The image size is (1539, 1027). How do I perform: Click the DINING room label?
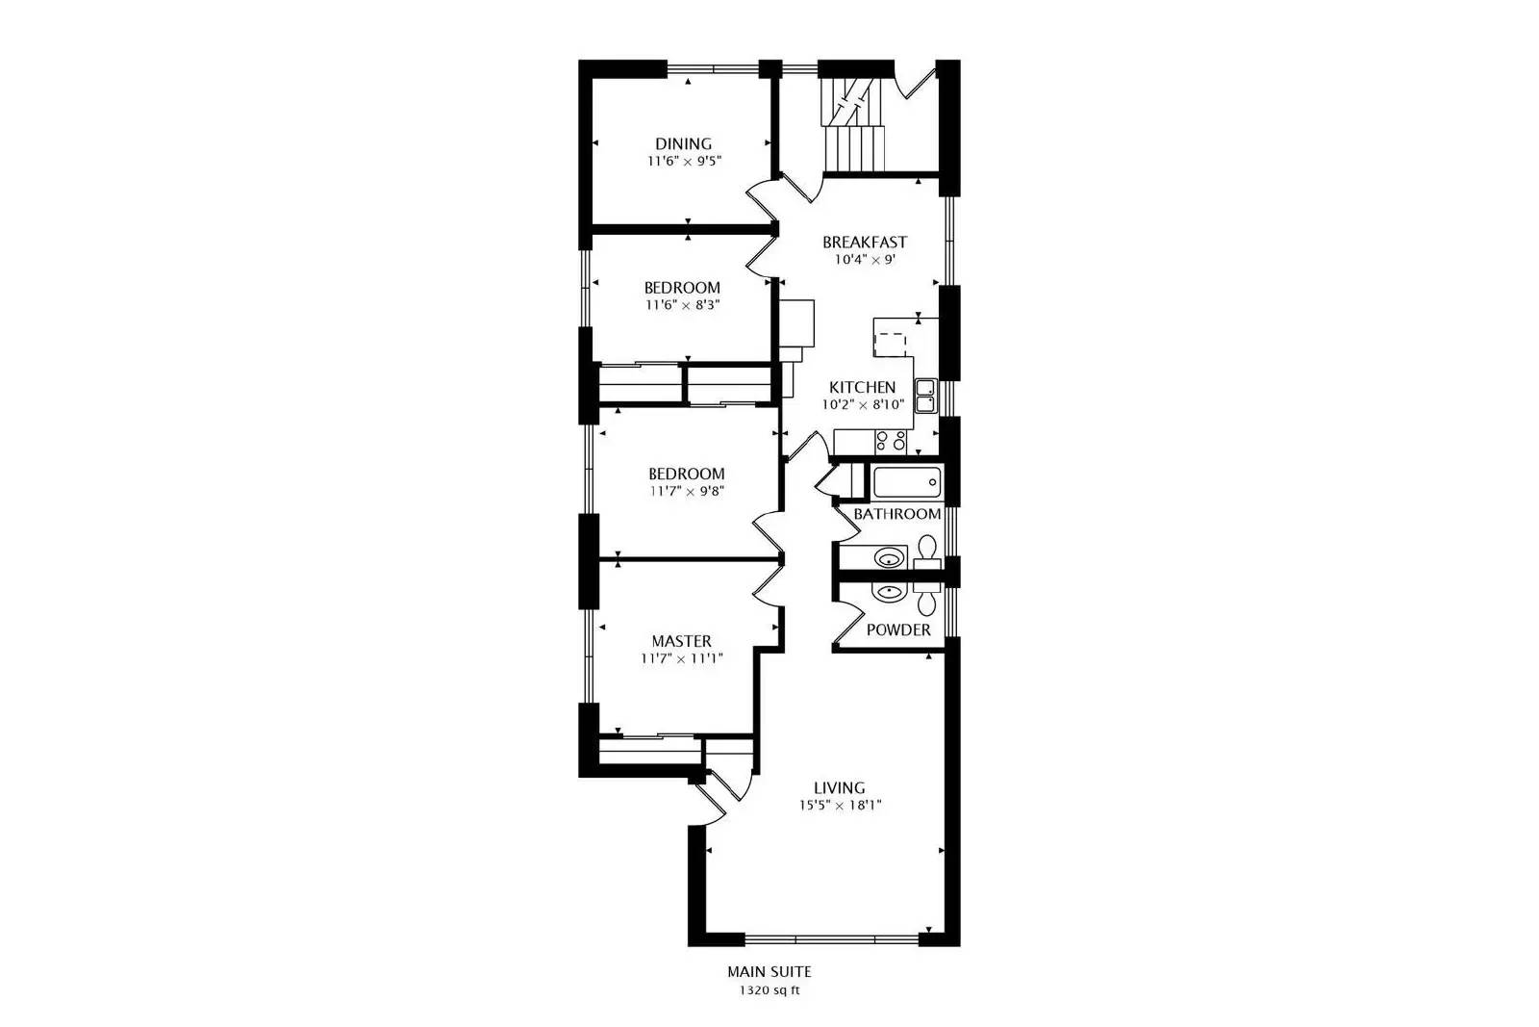683,144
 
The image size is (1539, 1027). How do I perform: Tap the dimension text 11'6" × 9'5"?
683,162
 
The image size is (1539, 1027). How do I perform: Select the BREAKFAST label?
864,243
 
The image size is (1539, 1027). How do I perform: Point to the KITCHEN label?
862,388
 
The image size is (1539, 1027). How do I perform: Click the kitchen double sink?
924,396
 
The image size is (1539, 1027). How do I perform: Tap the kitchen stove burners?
891,442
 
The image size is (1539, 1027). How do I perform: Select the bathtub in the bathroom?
906,482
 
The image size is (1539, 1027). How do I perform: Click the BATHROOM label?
896,515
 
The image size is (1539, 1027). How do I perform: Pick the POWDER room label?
898,630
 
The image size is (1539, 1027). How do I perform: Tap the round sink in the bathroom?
890,556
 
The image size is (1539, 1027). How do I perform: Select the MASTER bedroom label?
681,641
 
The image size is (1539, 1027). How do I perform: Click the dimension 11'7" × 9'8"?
686,491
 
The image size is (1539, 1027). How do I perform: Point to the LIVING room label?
839,788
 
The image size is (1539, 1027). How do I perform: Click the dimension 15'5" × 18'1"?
839,806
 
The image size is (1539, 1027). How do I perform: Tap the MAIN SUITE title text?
769,973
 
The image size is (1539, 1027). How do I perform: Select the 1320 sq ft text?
769,990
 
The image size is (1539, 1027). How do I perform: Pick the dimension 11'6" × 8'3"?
682,305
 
